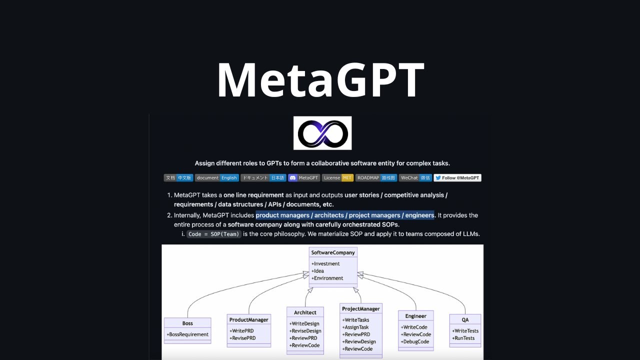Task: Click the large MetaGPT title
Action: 320,80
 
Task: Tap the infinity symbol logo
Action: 322,133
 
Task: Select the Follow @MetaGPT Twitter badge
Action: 457,177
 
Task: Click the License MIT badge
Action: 337,177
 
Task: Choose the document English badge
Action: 216,177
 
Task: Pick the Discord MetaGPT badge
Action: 304,177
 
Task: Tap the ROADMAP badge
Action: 376,177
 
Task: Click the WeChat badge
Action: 415,177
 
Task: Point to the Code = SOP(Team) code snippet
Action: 214,234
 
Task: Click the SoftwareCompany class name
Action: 332,252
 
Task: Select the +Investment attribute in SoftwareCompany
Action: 325,263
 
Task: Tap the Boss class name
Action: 187,323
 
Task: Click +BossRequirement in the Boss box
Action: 187,334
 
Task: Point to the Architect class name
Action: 305,312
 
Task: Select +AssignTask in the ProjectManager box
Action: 355,327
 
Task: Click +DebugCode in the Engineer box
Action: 415,341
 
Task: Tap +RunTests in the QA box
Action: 463,338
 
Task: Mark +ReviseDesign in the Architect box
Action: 306,331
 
